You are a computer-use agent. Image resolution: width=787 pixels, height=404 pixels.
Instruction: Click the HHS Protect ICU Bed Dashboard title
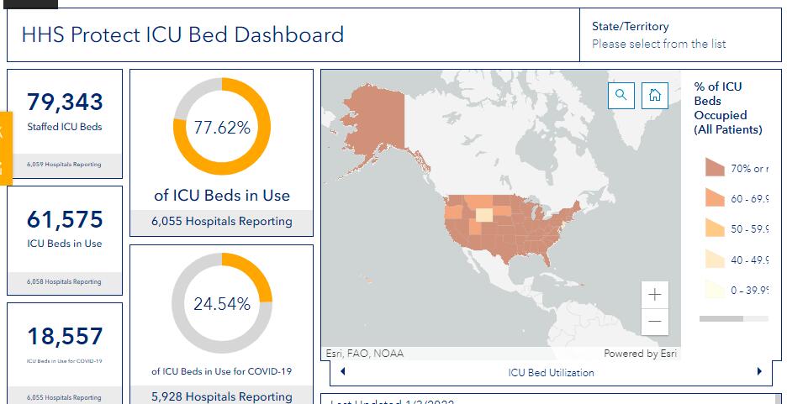click(x=182, y=35)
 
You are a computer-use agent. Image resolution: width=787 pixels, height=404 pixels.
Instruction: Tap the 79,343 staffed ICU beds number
click(x=65, y=102)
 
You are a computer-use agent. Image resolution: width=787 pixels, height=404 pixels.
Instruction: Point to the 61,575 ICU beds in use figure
click(x=65, y=219)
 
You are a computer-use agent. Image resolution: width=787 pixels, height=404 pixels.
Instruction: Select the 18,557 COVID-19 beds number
click(x=65, y=336)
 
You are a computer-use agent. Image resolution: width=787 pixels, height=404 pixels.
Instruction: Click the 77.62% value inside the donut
click(x=222, y=128)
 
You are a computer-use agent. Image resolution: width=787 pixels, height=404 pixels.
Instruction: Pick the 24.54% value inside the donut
click(x=222, y=304)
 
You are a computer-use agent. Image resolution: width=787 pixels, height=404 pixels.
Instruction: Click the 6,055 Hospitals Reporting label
click(x=222, y=222)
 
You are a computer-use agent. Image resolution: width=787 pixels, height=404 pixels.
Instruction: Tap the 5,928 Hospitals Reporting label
click(x=222, y=396)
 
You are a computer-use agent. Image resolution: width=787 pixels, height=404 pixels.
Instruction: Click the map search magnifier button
click(x=621, y=95)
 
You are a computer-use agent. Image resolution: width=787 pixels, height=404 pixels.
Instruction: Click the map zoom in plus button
click(x=655, y=295)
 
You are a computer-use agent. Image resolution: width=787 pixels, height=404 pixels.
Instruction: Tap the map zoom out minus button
click(x=655, y=322)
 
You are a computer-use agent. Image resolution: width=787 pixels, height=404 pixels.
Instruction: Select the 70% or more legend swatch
click(x=715, y=168)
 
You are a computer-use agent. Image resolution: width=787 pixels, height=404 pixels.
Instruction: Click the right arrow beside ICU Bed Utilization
click(x=759, y=371)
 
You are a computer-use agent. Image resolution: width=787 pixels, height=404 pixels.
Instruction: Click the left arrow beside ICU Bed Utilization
click(x=343, y=371)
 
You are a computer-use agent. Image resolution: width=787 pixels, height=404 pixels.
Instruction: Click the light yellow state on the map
click(x=484, y=216)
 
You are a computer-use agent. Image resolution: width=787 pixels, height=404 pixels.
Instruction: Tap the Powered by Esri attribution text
click(x=640, y=354)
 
